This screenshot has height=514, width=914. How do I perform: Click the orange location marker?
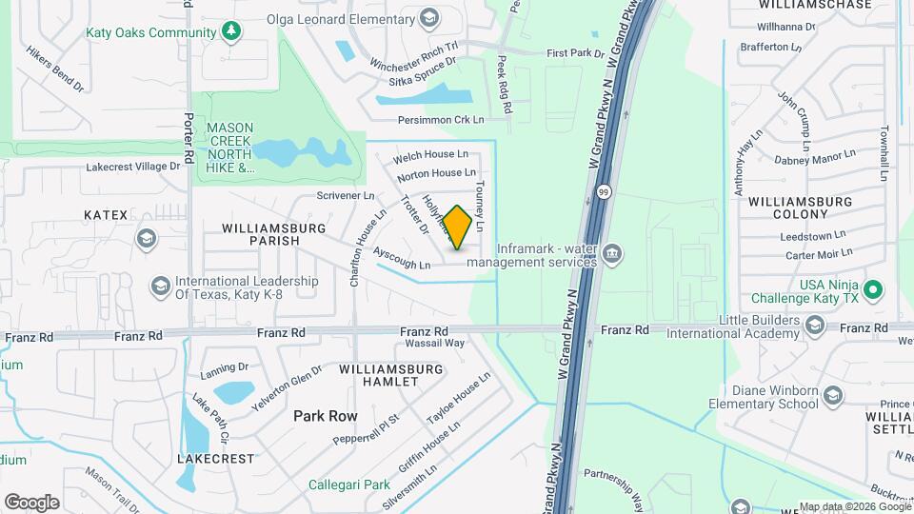coord(458,227)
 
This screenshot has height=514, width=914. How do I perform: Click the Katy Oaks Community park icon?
coord(230,32)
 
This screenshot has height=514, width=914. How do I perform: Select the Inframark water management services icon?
coord(612,254)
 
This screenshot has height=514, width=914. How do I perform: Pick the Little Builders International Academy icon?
coord(814,326)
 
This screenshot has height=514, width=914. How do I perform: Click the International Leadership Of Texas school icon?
coord(159,287)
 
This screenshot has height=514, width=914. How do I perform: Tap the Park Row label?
coord(326,416)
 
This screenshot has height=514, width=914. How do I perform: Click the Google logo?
coord(31,502)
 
